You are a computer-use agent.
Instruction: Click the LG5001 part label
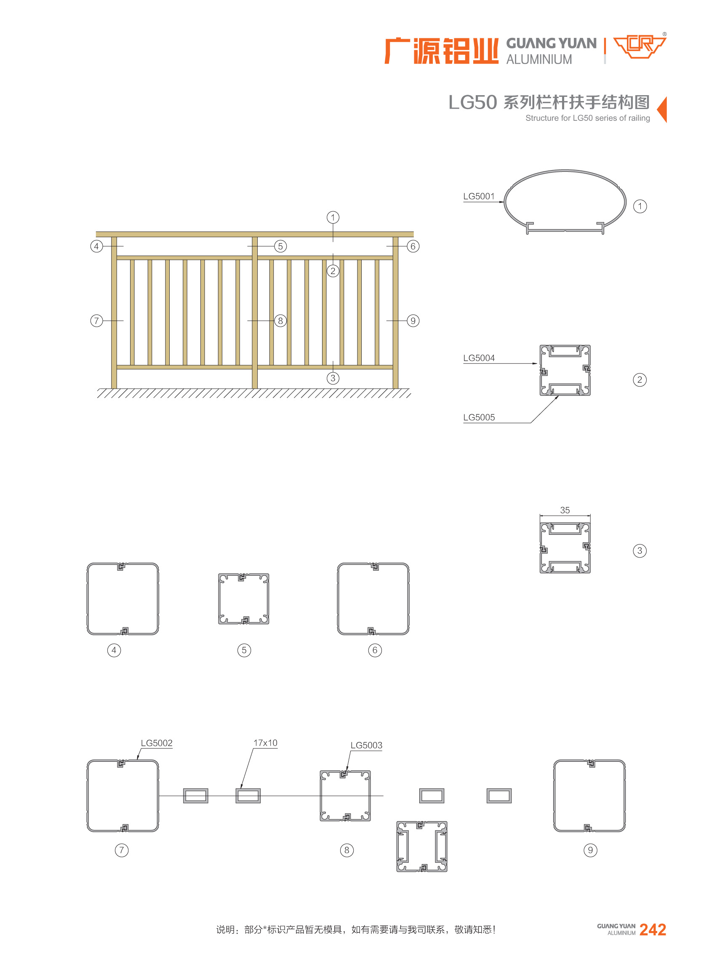[479, 196]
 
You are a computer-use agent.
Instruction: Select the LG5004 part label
[479, 358]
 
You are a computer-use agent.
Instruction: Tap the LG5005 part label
[479, 417]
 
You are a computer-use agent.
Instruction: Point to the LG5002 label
[157, 743]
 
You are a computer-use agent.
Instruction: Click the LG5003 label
[366, 745]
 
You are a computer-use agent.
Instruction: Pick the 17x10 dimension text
[265, 743]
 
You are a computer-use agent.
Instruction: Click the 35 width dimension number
[565, 510]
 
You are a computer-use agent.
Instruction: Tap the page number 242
[653, 929]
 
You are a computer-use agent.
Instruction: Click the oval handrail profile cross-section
[565, 170]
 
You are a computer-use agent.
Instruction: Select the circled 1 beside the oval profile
[640, 206]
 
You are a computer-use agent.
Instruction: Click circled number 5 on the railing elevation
[280, 246]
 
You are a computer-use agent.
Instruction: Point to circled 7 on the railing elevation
[96, 321]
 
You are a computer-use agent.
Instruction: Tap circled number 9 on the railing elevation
[413, 321]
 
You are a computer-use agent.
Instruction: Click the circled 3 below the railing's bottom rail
[333, 378]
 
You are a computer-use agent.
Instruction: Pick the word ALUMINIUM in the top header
[539, 59]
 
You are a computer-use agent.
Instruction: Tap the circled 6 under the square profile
[375, 650]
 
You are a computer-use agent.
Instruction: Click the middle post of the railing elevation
[255, 312]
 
